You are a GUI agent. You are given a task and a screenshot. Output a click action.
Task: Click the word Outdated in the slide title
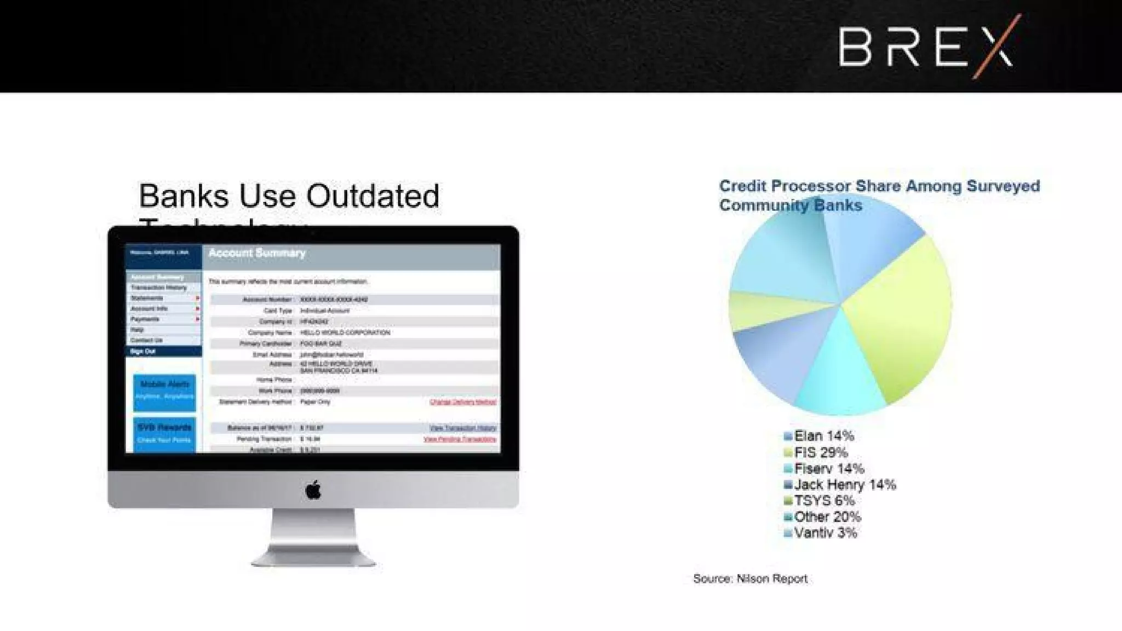coord(372,196)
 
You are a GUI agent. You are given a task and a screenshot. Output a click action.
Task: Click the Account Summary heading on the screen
coord(257,253)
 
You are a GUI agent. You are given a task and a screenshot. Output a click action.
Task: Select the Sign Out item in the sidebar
coord(144,351)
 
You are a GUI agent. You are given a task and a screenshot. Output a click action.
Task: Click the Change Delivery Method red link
coord(463,402)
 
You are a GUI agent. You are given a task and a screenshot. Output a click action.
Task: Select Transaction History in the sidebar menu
coord(158,288)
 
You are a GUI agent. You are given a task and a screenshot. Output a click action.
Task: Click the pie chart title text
coord(879,195)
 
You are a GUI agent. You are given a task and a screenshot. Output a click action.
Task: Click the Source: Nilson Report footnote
coord(750,578)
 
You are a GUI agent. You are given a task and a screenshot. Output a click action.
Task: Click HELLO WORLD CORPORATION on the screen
coord(345,332)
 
